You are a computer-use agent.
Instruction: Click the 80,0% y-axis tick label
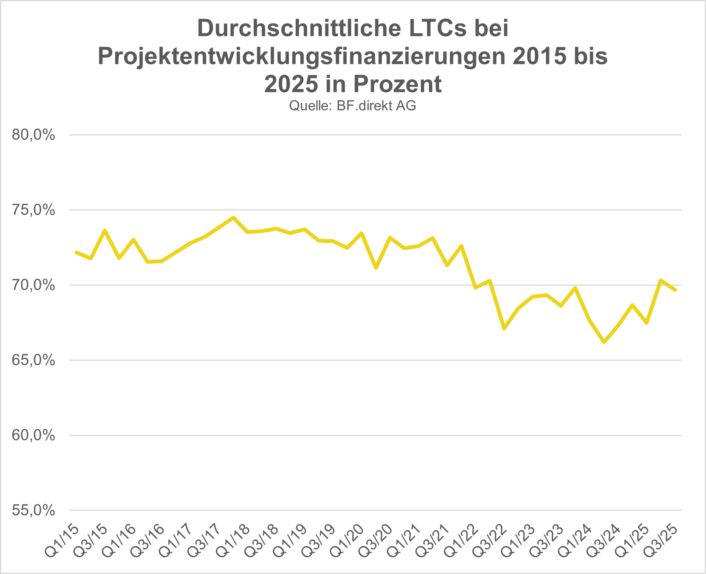[33, 135]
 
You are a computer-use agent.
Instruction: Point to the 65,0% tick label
[33, 360]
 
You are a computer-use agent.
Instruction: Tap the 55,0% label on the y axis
[33, 511]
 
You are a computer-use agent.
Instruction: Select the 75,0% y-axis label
[33, 210]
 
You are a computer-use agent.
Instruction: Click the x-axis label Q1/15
[62, 541]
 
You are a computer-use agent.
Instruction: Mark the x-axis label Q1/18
[233, 541]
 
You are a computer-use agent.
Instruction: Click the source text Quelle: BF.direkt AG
[352, 106]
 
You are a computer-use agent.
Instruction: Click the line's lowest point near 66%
[604, 342]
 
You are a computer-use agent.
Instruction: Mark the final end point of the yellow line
[675, 290]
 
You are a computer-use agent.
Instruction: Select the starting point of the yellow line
[76, 252]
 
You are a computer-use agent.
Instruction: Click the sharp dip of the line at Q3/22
[504, 328]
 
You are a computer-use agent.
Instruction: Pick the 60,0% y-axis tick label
[33, 436]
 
